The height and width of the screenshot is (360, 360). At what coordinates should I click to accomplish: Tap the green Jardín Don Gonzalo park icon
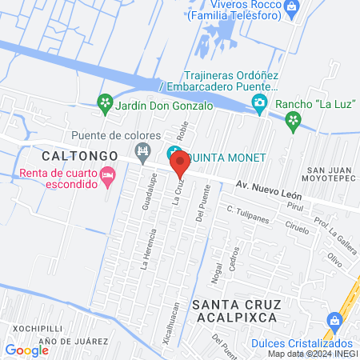tap(103, 102)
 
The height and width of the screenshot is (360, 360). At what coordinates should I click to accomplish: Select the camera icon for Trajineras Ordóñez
tap(258, 102)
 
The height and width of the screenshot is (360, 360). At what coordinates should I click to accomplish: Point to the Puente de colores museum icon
tap(143, 150)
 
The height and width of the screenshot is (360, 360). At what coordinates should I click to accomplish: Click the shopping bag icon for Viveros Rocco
tap(290, 8)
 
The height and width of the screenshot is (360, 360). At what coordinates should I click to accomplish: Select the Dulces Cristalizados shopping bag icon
tap(334, 321)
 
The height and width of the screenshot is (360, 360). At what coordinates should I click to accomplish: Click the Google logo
tap(26, 350)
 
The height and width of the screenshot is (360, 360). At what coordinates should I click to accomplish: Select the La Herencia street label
tap(146, 250)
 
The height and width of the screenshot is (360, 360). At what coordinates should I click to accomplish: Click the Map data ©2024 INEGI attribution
tap(310, 354)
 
